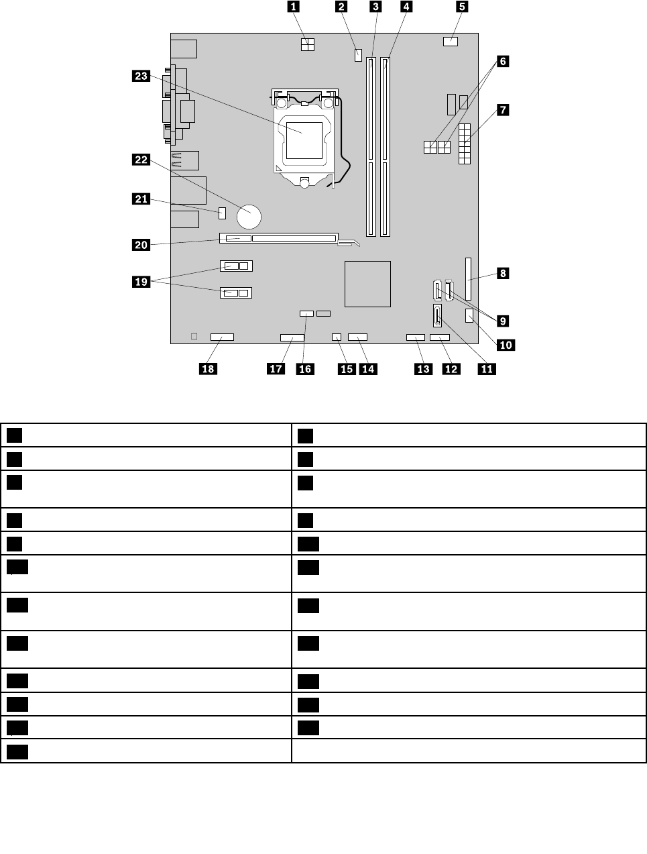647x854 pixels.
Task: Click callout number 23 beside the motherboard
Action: (141, 76)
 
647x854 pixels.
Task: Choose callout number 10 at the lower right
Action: (505, 345)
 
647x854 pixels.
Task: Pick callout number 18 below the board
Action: (209, 368)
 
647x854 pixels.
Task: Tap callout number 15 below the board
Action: (347, 368)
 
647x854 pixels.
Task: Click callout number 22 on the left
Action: (141, 160)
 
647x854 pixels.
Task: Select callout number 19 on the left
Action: (141, 282)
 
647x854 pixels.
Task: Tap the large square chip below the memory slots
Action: (367, 283)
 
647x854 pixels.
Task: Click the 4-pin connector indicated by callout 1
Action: (308, 46)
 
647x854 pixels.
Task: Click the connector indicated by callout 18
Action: (221, 335)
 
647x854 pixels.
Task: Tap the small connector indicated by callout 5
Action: (451, 42)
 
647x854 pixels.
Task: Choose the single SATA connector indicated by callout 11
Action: (436, 315)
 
